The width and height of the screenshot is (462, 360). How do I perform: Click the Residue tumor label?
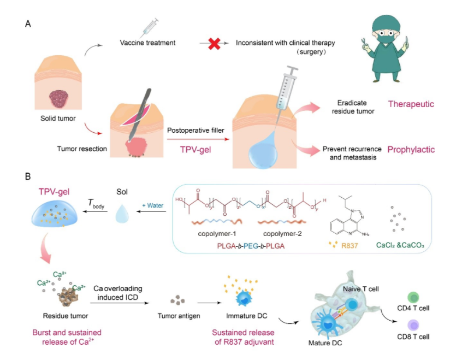tap(60, 315)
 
